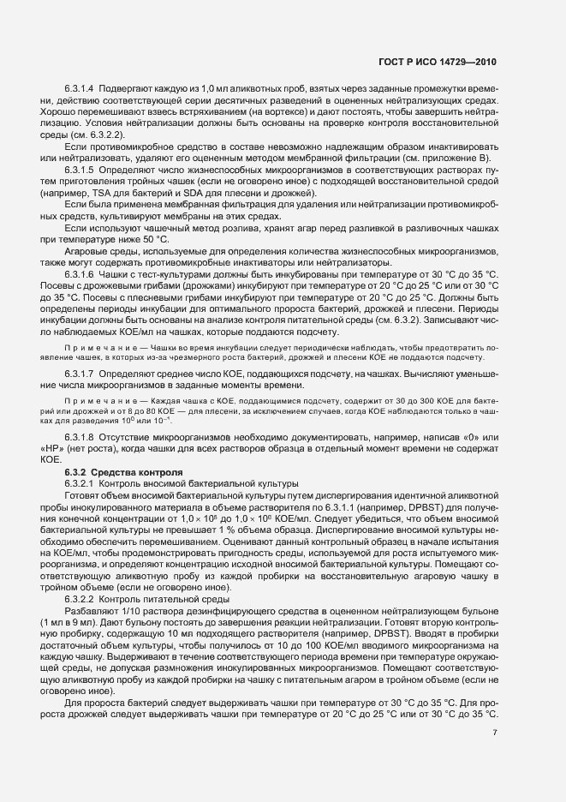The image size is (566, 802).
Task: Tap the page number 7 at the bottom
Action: [495, 732]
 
